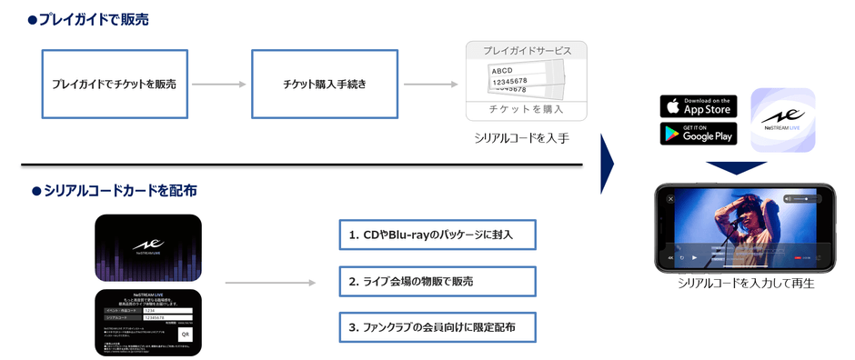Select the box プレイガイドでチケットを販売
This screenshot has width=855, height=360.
pos(114,84)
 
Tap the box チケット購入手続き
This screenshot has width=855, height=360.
pos(324,84)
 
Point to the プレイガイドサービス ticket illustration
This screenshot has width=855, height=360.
pos(526,80)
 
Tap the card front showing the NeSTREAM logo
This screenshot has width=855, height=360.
pos(148,247)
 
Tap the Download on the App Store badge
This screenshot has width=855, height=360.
pos(698,105)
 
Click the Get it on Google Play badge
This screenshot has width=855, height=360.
pos(698,134)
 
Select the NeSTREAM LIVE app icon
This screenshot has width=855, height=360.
pos(782,119)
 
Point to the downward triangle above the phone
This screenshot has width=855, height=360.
pos(743,167)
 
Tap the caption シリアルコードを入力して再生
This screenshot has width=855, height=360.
pos(745,284)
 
